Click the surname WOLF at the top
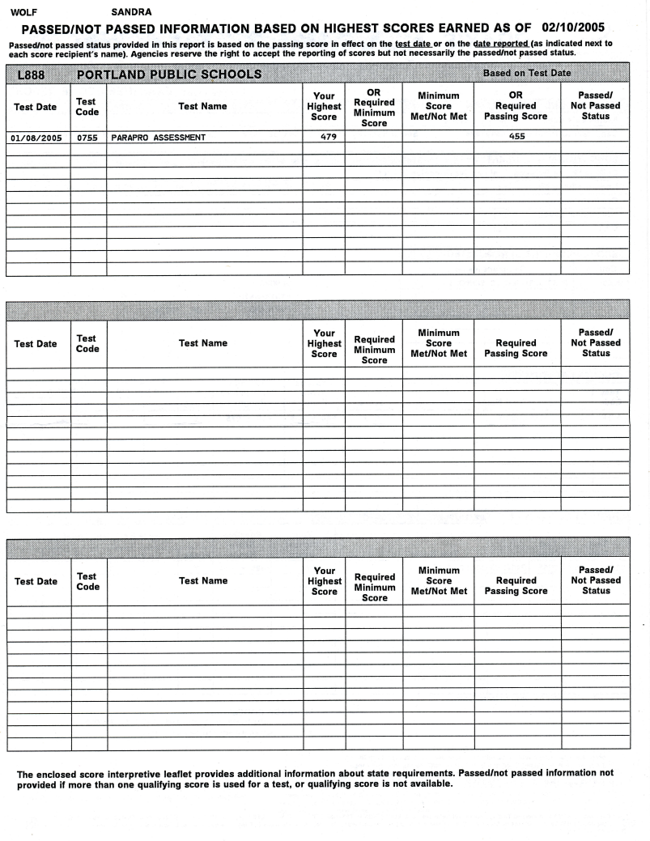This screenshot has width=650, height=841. [x=21, y=12]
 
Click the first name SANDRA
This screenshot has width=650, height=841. [x=130, y=12]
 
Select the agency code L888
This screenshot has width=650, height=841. [x=32, y=74]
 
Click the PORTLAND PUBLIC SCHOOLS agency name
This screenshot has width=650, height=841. [x=168, y=74]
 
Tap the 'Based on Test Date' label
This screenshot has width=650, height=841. [x=526, y=73]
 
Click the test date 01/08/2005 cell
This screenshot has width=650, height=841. [x=36, y=137]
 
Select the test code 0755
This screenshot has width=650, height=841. [x=87, y=137]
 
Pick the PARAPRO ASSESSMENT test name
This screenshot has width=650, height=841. [x=158, y=137]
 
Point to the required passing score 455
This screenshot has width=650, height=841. [x=516, y=136]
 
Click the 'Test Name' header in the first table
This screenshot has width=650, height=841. [x=203, y=106]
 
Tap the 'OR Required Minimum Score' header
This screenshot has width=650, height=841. [x=374, y=108]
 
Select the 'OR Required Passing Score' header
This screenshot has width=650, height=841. [x=516, y=106]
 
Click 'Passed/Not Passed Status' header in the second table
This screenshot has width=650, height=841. [x=596, y=342]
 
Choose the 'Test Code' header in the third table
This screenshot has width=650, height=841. [x=87, y=581]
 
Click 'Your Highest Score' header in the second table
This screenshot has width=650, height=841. [x=324, y=343]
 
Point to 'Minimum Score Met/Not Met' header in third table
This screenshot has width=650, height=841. [x=439, y=580]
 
